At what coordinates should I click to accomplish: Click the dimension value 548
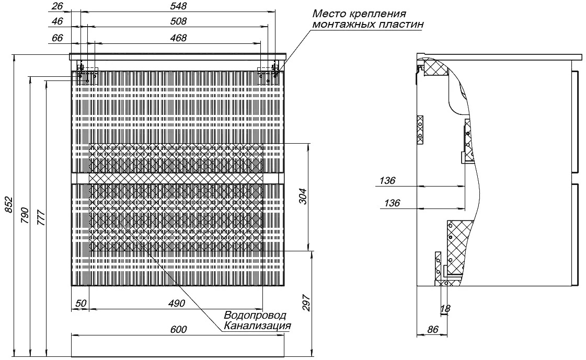click(x=178, y=6)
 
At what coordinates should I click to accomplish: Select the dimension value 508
click(x=178, y=21)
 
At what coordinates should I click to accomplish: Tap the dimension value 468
click(x=178, y=38)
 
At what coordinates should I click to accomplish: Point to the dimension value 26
click(x=58, y=6)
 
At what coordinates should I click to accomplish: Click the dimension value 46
click(x=58, y=21)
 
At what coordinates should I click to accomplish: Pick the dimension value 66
click(x=58, y=38)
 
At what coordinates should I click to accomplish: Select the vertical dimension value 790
click(x=25, y=215)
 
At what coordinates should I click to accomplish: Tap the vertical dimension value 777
click(x=41, y=218)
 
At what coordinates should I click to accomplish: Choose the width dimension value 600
click(x=179, y=329)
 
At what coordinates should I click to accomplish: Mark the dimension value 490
click(x=176, y=303)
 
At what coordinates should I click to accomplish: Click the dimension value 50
click(x=81, y=303)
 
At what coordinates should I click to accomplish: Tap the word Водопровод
click(x=255, y=316)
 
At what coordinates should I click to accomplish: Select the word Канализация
click(x=257, y=326)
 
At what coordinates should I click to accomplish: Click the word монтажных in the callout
click(x=341, y=25)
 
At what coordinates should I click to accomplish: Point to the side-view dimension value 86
click(x=432, y=329)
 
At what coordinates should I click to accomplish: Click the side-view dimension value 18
click(x=445, y=308)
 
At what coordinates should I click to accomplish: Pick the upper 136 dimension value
click(x=387, y=181)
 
